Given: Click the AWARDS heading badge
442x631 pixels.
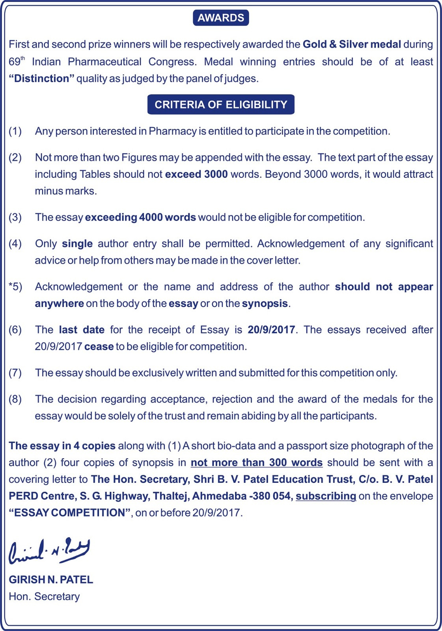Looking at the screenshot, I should [x=221, y=18].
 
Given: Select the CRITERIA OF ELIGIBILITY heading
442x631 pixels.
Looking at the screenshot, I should [x=221, y=105].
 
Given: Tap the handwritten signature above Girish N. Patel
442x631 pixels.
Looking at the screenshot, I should [x=49, y=551].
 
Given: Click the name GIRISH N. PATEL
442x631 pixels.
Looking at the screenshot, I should [x=51, y=580].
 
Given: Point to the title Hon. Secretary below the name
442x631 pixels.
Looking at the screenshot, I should [x=44, y=597].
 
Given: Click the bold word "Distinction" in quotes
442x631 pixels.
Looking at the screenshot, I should [x=41, y=78].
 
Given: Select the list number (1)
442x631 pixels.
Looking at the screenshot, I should [x=15, y=131].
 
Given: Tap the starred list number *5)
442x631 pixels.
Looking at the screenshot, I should [x=15, y=287].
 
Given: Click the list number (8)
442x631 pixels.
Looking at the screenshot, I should [x=15, y=399].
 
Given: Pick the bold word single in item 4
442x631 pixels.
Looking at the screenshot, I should [x=77, y=244].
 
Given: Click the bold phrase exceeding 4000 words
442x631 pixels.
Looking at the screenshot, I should [x=140, y=217].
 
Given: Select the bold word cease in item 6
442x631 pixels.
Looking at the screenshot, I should [x=99, y=347].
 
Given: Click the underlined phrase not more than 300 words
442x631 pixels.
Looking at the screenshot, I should [x=257, y=463].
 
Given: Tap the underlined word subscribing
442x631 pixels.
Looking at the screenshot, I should [x=326, y=496].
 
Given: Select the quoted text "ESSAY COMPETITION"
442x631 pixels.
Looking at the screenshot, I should [x=71, y=513].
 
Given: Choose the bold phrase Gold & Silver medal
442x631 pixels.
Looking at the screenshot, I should [x=352, y=44].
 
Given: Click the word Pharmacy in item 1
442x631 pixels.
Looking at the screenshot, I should [x=172, y=131].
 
